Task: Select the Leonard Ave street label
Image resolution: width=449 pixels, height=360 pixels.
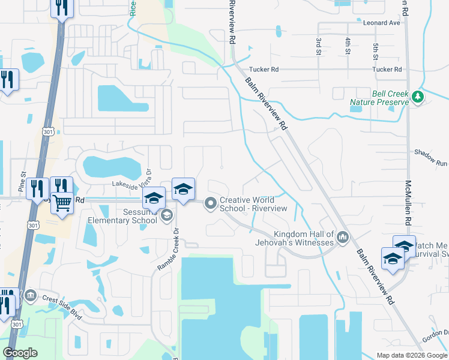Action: tap(381, 23)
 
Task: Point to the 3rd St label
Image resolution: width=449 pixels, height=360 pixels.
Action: tap(318, 46)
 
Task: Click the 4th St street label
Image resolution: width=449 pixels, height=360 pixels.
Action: tap(348, 46)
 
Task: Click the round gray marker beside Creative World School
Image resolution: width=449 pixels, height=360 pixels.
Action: tap(211, 204)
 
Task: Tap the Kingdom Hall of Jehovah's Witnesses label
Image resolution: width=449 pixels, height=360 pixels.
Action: tap(303, 238)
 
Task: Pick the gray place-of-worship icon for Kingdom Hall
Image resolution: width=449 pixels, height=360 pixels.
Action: tap(343, 238)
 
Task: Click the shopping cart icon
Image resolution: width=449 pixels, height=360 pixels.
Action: tap(62, 203)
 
